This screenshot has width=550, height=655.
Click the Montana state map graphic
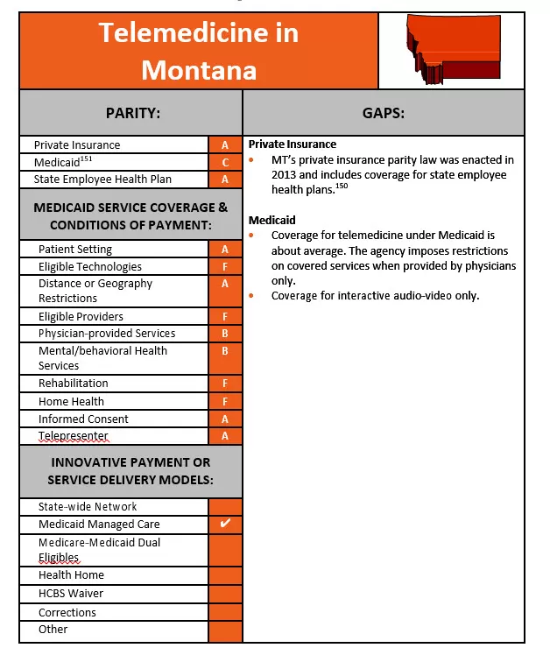click(450, 51)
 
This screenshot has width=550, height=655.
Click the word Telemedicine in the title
click(198, 33)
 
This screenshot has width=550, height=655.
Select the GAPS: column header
click(383, 113)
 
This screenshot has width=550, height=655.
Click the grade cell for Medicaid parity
click(225, 162)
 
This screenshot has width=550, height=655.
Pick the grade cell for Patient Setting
click(225, 250)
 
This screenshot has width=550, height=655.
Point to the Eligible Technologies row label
click(89, 267)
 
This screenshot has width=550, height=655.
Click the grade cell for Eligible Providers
click(225, 317)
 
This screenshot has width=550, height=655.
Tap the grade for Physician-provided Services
click(225, 334)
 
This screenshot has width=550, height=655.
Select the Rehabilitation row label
click(74, 384)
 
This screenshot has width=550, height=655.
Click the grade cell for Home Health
click(225, 402)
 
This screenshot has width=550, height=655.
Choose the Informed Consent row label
click(83, 419)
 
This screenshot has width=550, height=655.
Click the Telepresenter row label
click(73, 436)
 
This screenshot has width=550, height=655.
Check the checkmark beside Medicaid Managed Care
click(225, 524)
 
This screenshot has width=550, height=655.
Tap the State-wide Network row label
click(88, 507)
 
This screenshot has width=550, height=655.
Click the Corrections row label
click(67, 613)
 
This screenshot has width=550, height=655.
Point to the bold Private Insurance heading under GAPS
click(293, 144)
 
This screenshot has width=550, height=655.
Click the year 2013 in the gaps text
click(264, 174)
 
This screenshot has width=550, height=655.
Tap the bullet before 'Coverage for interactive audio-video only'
click(253, 296)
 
